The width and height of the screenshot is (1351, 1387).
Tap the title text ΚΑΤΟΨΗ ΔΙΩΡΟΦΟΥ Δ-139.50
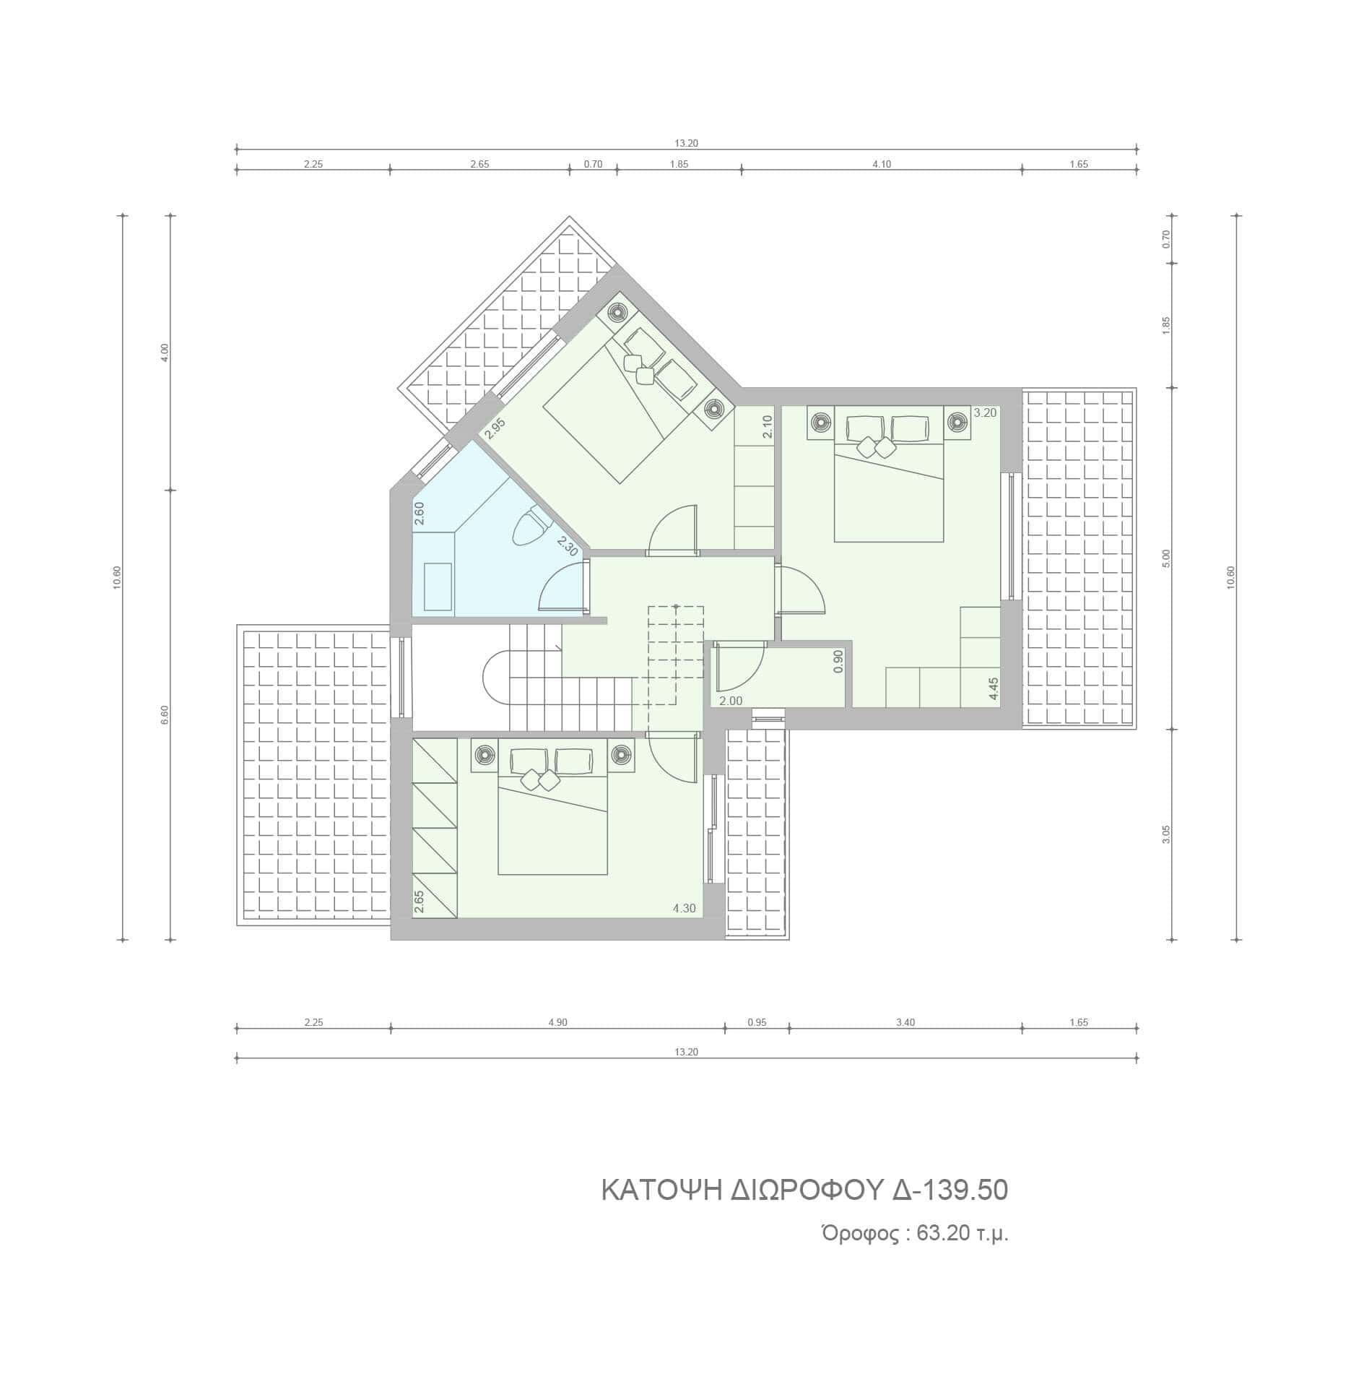[x=804, y=1191]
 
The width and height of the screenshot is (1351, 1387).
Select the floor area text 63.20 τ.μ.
[x=962, y=1233]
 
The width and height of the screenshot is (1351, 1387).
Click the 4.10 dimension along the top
[x=882, y=164]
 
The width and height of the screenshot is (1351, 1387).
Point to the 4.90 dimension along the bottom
[x=557, y=1022]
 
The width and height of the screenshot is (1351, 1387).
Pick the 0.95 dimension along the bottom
[x=757, y=1022]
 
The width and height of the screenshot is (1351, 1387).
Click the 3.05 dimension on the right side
[x=1166, y=834]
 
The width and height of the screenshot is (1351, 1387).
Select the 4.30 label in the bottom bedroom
[x=685, y=908]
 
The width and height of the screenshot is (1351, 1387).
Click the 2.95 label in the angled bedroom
[x=495, y=428]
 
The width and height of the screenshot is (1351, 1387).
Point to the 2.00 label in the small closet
[x=731, y=701]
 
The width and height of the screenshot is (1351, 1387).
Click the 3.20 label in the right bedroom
[x=985, y=413]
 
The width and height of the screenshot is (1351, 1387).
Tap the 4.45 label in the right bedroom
[x=994, y=688]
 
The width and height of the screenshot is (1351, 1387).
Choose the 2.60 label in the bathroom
[x=419, y=514]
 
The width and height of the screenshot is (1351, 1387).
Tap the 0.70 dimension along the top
[x=593, y=164]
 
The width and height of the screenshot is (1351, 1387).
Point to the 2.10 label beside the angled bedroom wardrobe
[x=768, y=426]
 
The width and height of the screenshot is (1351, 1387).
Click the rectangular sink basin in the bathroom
[x=438, y=587]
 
